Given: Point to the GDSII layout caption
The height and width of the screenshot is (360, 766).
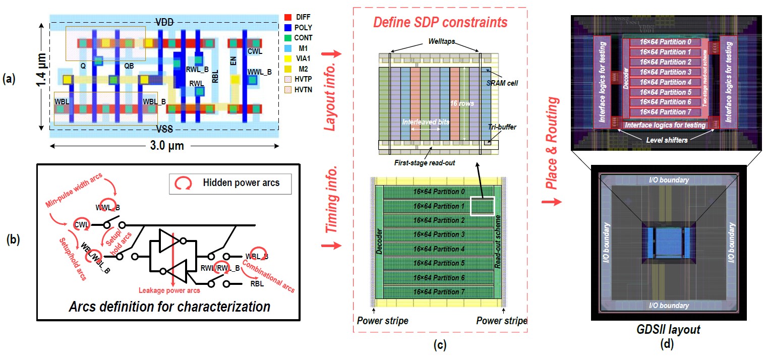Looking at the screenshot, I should (x=669, y=329).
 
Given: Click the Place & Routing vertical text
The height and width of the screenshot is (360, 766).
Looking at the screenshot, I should (x=553, y=144).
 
